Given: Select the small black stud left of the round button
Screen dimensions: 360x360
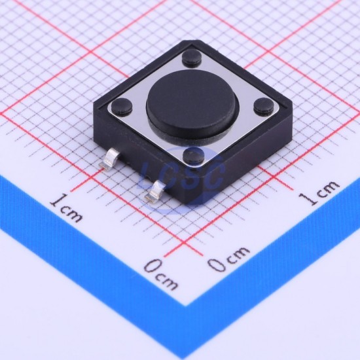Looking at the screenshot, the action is coord(122,106).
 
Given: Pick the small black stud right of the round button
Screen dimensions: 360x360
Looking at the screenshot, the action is coord(264,105).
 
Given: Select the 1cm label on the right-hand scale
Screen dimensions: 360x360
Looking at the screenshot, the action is coord(319,192).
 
